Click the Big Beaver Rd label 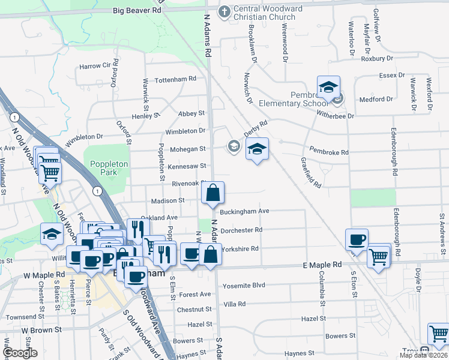[x=139, y=10]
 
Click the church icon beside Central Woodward [x=224, y=11]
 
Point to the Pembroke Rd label [x=329, y=152]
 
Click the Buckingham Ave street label [x=244, y=211]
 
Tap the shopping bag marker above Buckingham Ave [x=212, y=193]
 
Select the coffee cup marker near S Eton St [x=357, y=239]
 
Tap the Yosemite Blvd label [x=243, y=286]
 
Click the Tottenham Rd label [x=176, y=79]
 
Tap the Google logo [x=20, y=352]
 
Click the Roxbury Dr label [x=376, y=58]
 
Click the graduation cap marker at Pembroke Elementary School [x=328, y=88]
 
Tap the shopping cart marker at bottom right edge [x=438, y=334]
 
